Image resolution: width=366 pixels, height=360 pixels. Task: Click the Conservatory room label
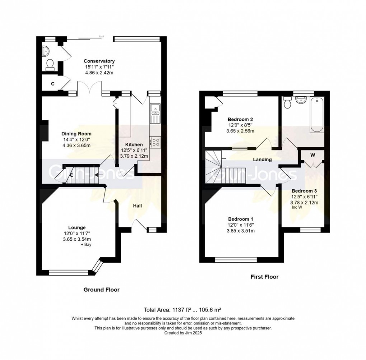coord(99,61)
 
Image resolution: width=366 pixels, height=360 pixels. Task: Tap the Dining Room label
coord(76,134)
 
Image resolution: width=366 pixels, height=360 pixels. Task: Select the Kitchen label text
coord(134,144)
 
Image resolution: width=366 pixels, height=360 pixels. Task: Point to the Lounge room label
coord(77,227)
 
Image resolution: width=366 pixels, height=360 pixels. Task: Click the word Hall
coord(137,206)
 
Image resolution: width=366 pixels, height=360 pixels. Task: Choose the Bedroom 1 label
coord(240,219)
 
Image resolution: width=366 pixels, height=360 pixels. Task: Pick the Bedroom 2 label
coord(240,119)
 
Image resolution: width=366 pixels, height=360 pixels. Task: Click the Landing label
coord(262,160)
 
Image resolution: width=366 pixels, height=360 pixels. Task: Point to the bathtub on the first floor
coord(316,115)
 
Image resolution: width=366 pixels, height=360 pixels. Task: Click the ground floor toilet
coord(50,65)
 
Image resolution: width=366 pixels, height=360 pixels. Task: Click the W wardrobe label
coord(313,155)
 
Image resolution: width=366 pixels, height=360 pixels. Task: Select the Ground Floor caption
coord(102,290)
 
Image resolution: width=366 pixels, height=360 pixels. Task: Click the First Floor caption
coord(264,277)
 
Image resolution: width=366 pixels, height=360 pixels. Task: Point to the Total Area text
coord(182,310)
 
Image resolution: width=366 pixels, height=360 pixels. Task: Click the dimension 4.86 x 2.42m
coord(99,73)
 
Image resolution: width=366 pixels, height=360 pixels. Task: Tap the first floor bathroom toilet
coord(287,102)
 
